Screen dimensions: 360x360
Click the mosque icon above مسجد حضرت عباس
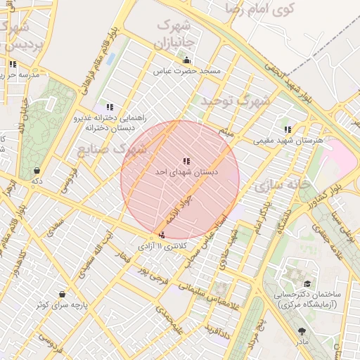[x=186, y=60]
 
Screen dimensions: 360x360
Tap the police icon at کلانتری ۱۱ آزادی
[x=162, y=236]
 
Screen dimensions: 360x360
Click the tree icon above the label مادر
[x=302, y=330]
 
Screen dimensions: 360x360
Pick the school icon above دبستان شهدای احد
[x=186, y=161]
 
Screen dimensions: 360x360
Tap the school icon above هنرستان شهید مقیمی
[x=288, y=129]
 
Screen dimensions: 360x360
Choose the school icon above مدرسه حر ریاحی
[x=13, y=64]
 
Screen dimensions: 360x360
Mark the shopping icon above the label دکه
[x=36, y=169]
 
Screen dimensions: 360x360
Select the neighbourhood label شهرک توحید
[x=236, y=101]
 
